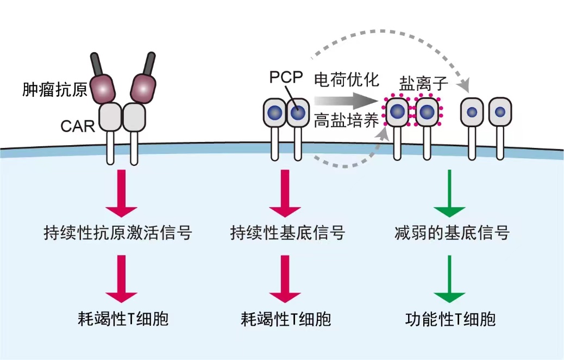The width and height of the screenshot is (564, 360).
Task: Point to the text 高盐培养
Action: click(x=346, y=120)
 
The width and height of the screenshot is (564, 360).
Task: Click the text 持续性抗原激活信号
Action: click(x=117, y=234)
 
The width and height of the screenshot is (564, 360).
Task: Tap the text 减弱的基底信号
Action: click(x=452, y=234)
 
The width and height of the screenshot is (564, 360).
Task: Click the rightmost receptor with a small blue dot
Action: click(x=500, y=112)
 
